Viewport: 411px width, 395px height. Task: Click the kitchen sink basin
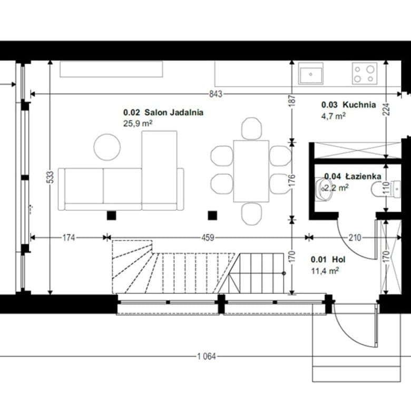(x=310, y=75)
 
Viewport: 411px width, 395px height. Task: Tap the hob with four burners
(x=365, y=73)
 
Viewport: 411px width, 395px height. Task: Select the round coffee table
(x=107, y=147)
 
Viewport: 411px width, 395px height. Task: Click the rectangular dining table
(x=251, y=171)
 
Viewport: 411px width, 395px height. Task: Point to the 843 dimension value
(x=216, y=94)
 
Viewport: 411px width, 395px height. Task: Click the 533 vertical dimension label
(x=51, y=177)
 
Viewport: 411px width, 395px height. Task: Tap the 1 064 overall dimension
(x=207, y=356)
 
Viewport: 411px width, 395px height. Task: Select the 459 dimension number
(x=208, y=238)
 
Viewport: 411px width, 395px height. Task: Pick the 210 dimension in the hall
(x=355, y=238)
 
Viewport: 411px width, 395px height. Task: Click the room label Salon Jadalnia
(x=174, y=112)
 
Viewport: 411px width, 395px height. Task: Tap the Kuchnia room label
(x=359, y=105)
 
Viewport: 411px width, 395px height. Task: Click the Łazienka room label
(x=363, y=176)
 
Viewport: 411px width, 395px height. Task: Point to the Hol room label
(x=339, y=260)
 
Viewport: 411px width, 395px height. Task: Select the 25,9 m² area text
(x=138, y=123)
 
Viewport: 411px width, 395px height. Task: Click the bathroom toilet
(x=386, y=189)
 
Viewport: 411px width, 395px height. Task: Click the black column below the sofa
(x=111, y=215)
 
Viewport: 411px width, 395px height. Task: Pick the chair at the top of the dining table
(x=251, y=129)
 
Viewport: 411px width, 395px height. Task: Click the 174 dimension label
(x=68, y=238)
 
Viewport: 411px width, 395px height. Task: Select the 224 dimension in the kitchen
(x=386, y=110)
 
